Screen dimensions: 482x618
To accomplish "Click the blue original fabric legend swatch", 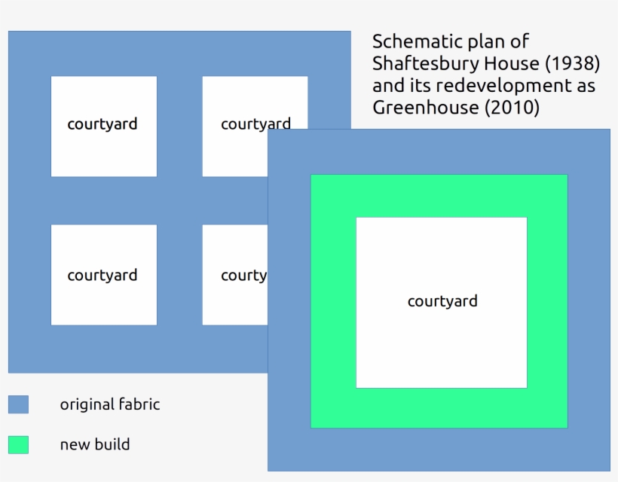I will coord(18,404).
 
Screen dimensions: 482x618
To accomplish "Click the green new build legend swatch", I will coord(18,444).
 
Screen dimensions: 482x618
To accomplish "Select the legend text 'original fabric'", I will coord(110,404).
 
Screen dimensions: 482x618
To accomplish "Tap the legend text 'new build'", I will coord(95,444).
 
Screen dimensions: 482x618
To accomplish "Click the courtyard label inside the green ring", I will coord(442,301).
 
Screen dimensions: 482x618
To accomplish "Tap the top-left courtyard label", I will coord(102,124).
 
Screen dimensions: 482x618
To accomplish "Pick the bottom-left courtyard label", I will coord(102,275).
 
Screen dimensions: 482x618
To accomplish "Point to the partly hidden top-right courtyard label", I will coord(255,124).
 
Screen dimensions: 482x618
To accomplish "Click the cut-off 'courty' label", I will coord(243,276).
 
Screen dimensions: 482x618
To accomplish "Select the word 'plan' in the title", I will coord(494,41).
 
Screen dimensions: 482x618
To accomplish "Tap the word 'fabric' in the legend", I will coord(139,404).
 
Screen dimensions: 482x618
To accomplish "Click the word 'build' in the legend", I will coord(113,444).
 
